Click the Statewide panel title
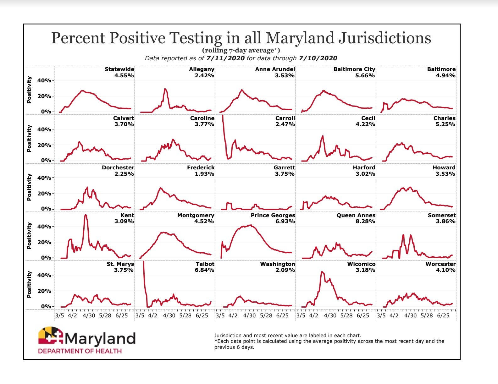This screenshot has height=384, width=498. pyautogui.click(x=119, y=69)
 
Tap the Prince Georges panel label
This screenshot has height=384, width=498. pyautogui.click(x=273, y=215)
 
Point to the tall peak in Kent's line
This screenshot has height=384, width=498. pyautogui.click(x=86, y=215)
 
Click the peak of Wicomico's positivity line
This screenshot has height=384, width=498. pyautogui.click(x=322, y=272)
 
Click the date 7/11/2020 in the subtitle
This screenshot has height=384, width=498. pyautogui.click(x=225, y=58)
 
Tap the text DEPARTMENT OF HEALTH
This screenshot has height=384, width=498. pyautogui.click(x=80, y=351)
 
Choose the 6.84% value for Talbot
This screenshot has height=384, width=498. pyautogui.click(x=204, y=270)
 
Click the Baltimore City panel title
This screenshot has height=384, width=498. pyautogui.click(x=354, y=69)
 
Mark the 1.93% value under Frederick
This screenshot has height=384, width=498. pyautogui.click(x=204, y=174)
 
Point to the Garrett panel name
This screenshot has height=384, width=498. pyautogui.click(x=284, y=167)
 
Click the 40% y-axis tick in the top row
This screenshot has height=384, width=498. pyautogui.click(x=44, y=80)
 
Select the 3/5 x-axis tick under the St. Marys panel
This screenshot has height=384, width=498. pyautogui.click(x=59, y=315)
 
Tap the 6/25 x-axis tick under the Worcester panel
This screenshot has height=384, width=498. pyautogui.click(x=443, y=315)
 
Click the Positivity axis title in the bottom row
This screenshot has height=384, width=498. pyautogui.click(x=29, y=284)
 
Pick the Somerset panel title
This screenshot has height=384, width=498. pyautogui.click(x=441, y=215)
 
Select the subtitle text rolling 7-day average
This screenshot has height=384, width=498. pyautogui.click(x=241, y=50)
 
